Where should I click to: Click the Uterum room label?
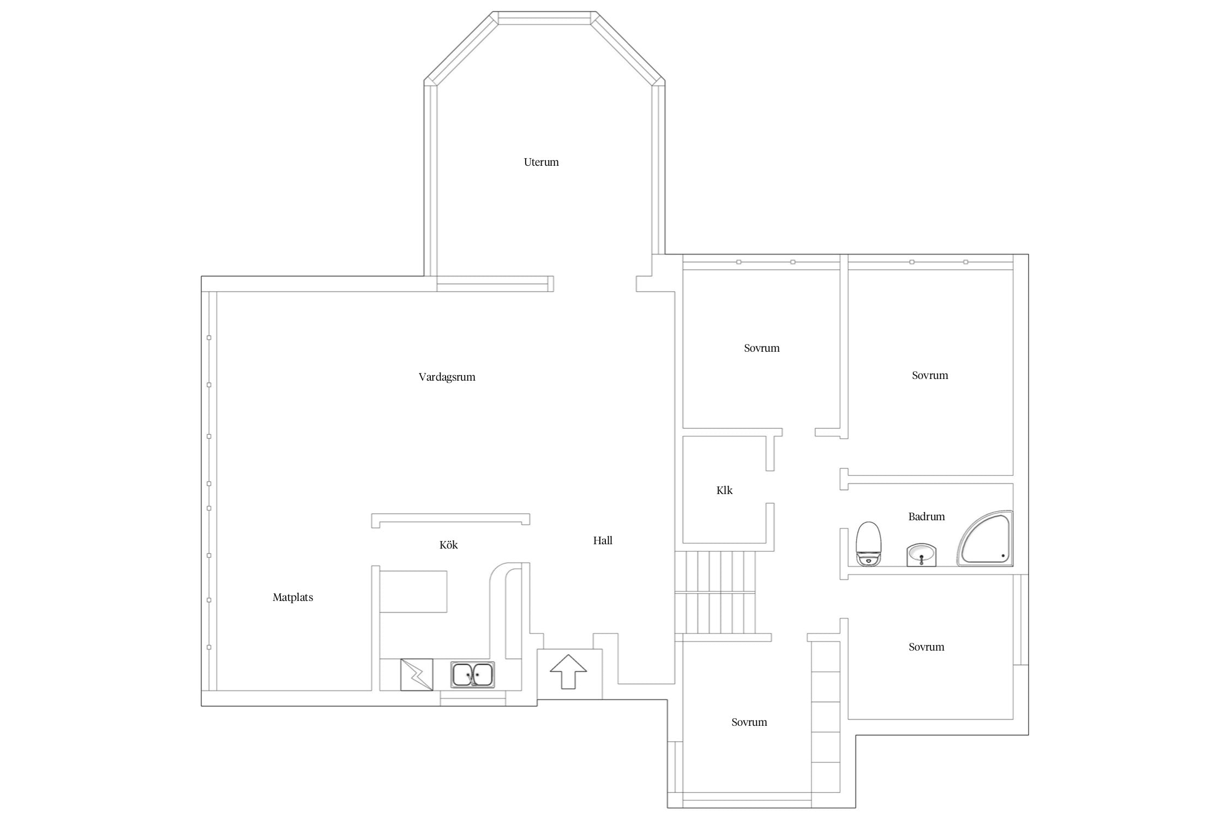click(x=541, y=162)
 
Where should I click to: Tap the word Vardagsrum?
click(x=447, y=377)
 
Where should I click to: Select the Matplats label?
click(x=293, y=597)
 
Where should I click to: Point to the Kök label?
click(x=448, y=545)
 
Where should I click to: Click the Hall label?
click(x=603, y=540)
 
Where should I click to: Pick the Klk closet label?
click(x=724, y=490)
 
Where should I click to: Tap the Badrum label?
click(x=927, y=516)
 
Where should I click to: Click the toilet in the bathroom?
click(x=868, y=544)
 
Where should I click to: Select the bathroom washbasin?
click(x=922, y=555)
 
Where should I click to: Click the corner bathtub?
click(x=985, y=538)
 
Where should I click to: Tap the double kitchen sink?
click(x=472, y=675)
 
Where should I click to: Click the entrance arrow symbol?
click(x=568, y=671)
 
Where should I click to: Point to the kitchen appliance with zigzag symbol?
click(x=417, y=675)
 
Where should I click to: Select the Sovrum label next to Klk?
click(x=761, y=348)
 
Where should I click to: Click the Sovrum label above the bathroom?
click(x=930, y=376)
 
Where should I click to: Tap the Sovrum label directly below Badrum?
click(x=926, y=647)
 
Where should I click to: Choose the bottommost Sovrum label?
click(x=749, y=723)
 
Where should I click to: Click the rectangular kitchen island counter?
click(x=413, y=592)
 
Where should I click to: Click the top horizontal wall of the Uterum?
click(x=544, y=18)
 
